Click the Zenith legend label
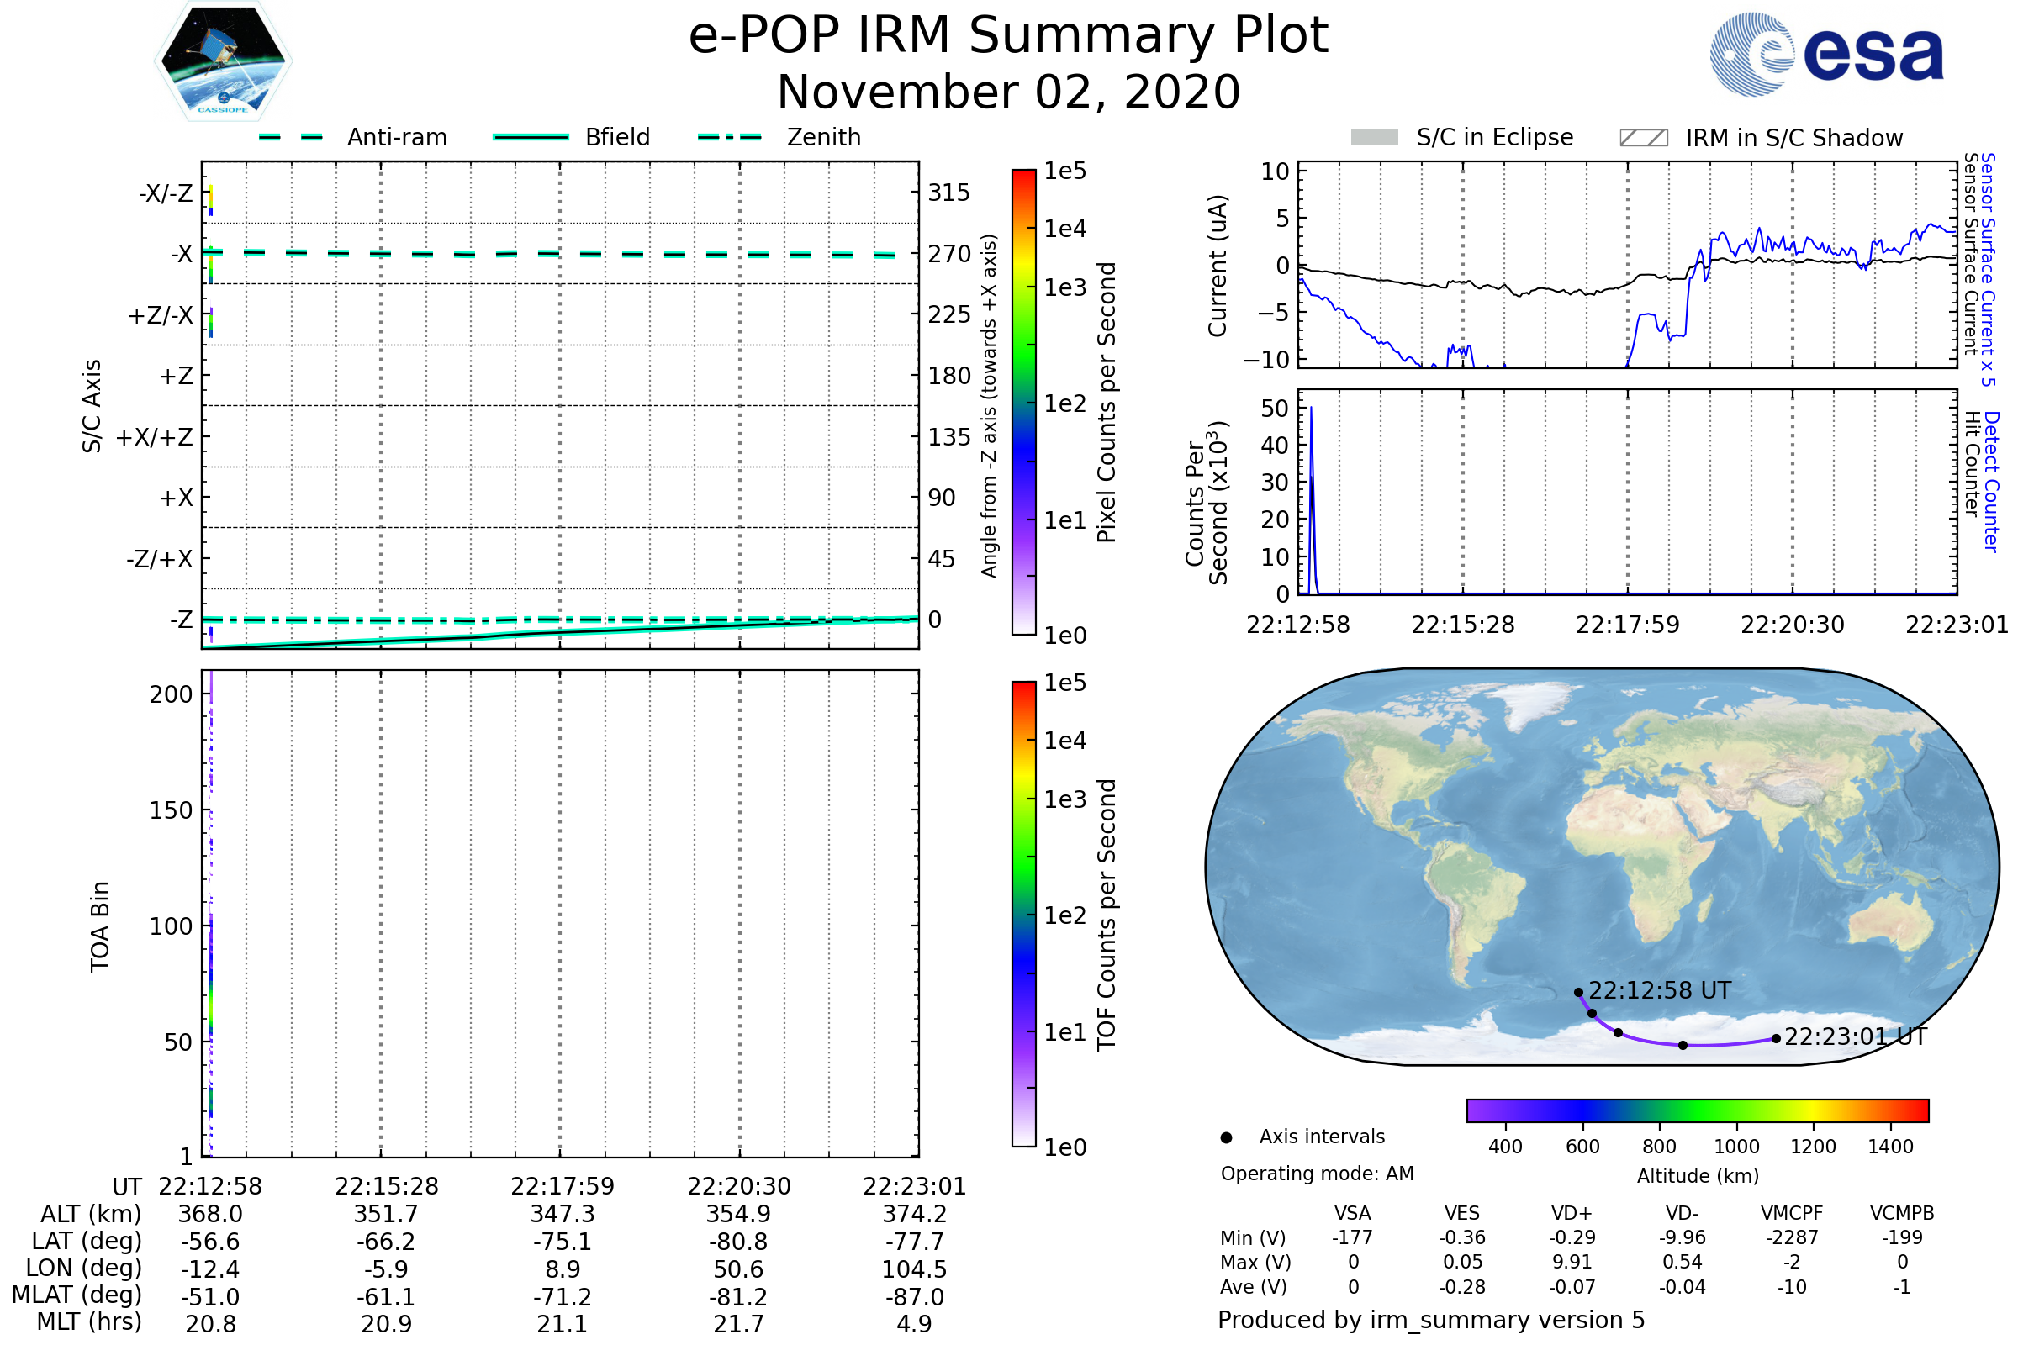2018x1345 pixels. tap(823, 137)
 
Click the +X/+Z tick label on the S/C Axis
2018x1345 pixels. tap(155, 437)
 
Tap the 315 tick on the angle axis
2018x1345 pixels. tap(948, 193)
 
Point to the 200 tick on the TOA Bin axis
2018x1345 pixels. tap(171, 694)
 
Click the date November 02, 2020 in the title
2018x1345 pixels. tap(1008, 92)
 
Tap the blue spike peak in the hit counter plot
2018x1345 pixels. tap(1311, 409)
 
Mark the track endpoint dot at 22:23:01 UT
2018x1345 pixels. tap(1776, 1039)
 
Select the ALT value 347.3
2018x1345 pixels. tap(562, 1214)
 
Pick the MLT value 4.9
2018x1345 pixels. tap(914, 1323)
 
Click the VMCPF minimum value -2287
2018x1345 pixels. tap(1792, 1237)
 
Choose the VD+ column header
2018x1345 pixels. tap(1571, 1213)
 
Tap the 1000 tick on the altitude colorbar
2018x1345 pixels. tap(1735, 1147)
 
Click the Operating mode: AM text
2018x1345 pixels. tap(1317, 1174)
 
